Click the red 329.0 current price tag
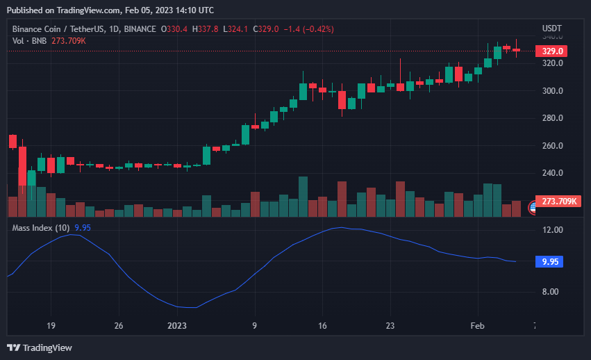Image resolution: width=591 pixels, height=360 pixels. [x=552, y=51]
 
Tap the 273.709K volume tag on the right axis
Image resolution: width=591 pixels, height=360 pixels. [x=559, y=202]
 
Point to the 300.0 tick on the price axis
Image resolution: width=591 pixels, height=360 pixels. [x=552, y=91]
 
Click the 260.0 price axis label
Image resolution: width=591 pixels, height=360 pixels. [x=552, y=146]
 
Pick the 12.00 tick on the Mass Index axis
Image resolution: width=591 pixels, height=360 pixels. [x=553, y=230]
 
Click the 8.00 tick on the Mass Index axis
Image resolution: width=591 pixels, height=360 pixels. [x=551, y=292]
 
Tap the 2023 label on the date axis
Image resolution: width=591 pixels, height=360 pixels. [x=177, y=325]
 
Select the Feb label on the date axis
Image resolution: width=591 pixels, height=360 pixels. [x=477, y=325]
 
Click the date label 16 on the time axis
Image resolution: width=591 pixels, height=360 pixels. [x=322, y=325]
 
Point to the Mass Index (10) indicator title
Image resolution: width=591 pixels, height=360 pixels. [x=40, y=227]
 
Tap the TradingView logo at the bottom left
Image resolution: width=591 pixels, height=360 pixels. [x=40, y=347]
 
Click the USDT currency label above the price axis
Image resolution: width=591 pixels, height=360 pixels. [x=552, y=28]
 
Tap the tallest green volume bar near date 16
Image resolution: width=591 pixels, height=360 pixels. [x=303, y=197]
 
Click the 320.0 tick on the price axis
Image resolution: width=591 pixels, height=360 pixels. [x=552, y=63]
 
